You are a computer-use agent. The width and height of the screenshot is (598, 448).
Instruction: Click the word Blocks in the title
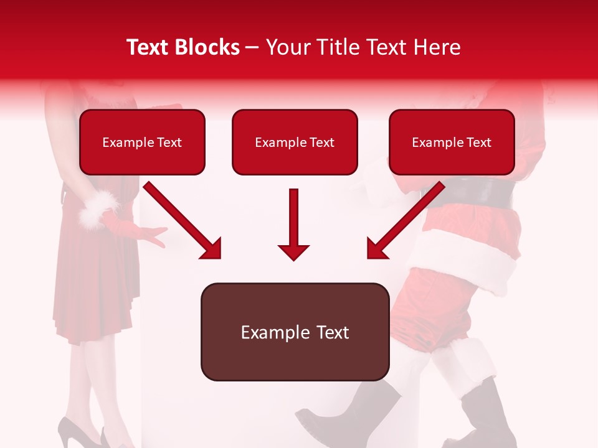(209, 47)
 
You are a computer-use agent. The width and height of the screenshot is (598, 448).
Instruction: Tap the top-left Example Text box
(142, 142)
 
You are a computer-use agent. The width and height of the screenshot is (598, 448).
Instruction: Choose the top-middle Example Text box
(295, 142)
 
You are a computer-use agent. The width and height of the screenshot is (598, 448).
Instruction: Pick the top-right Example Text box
(452, 142)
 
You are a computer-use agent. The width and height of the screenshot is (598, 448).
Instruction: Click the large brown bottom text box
(295, 332)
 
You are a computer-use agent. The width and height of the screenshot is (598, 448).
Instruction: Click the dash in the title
(252, 47)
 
